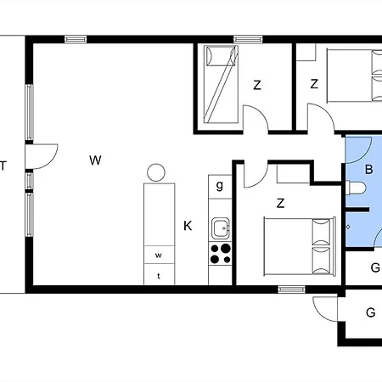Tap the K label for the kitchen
[x=188, y=226]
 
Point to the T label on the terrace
[x=3, y=166]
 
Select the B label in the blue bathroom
[x=368, y=169]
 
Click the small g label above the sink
[x=220, y=185]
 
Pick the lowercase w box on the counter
[x=158, y=255]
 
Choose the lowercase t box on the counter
[x=158, y=275]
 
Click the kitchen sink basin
[x=222, y=228]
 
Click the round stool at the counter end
[x=155, y=172]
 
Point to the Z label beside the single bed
[x=256, y=84]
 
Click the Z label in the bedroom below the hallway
[x=280, y=203]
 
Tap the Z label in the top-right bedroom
[x=314, y=84]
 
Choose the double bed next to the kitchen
[x=298, y=244]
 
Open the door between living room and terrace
[x=41, y=156]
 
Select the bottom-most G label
[x=370, y=312]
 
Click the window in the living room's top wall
[x=76, y=38]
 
